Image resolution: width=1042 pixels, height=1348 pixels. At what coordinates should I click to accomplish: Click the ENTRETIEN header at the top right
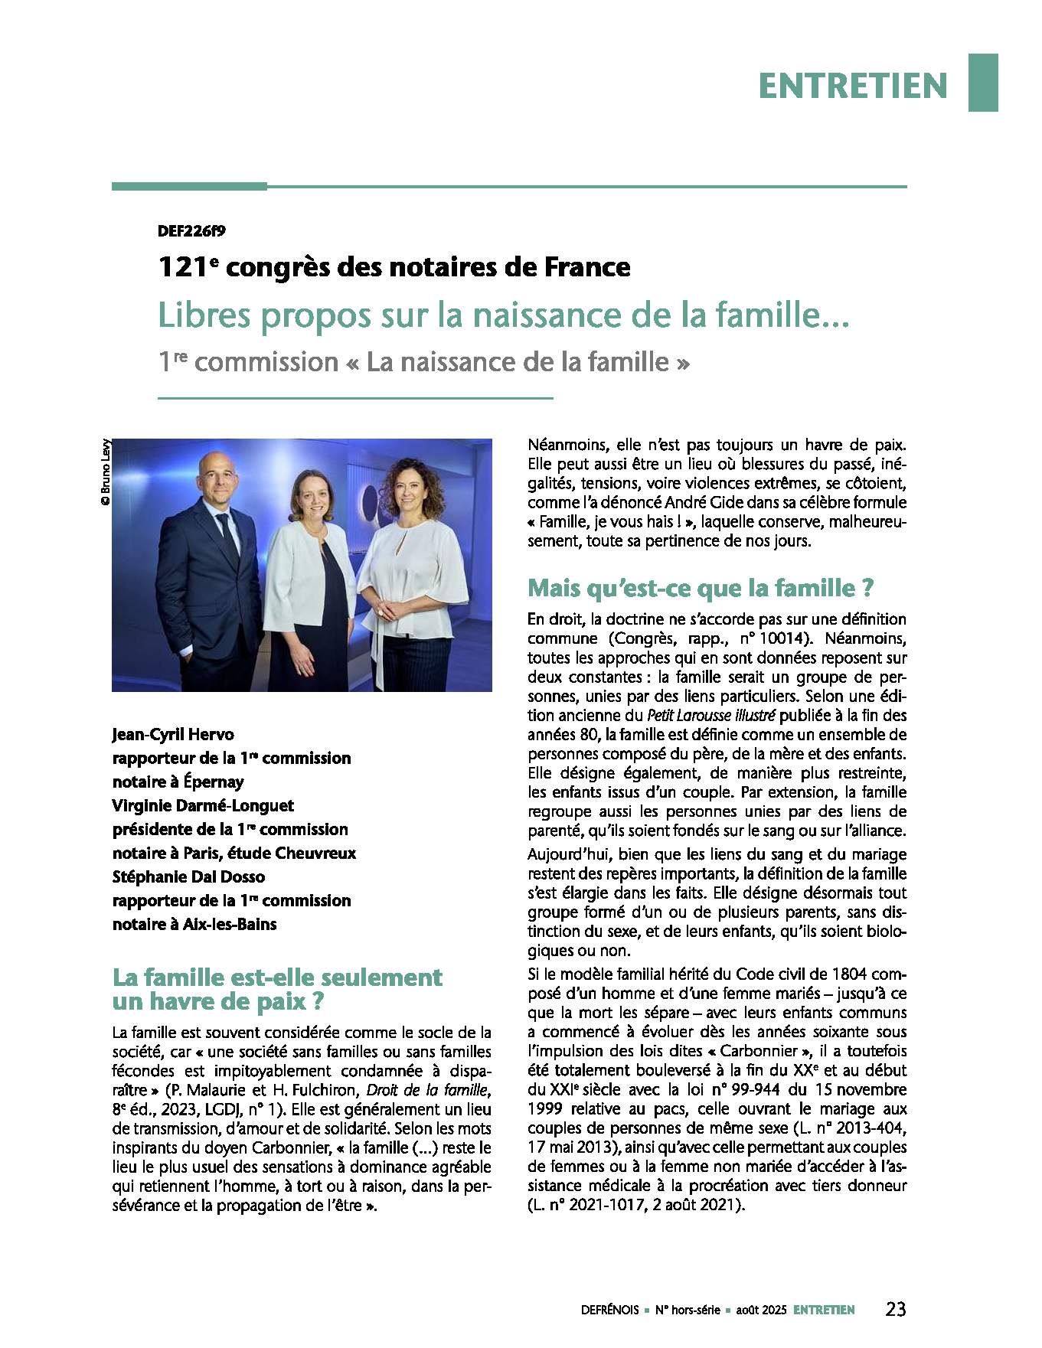coord(853,85)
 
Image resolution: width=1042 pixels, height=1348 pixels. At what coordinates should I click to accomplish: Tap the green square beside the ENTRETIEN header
coord(983,83)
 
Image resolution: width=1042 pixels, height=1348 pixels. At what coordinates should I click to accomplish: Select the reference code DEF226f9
coord(191,230)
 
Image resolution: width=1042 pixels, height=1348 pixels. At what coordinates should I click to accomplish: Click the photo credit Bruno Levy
coord(106,471)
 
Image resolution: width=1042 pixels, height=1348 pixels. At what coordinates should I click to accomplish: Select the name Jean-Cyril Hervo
coord(173,735)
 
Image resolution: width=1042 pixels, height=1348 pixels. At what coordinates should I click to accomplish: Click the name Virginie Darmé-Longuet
coord(203,806)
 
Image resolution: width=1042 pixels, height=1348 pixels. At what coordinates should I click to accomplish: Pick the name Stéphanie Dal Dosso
coord(188,877)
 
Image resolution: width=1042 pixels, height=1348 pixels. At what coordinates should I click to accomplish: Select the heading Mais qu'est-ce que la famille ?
coord(701,588)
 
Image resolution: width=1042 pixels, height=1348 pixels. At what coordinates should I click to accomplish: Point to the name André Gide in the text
coord(698,503)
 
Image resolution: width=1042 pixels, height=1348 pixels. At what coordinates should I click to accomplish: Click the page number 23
coord(895,1309)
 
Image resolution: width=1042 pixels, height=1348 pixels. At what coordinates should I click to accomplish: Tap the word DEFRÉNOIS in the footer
coord(609,1310)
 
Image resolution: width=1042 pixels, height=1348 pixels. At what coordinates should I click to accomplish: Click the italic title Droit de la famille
coord(426,1090)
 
